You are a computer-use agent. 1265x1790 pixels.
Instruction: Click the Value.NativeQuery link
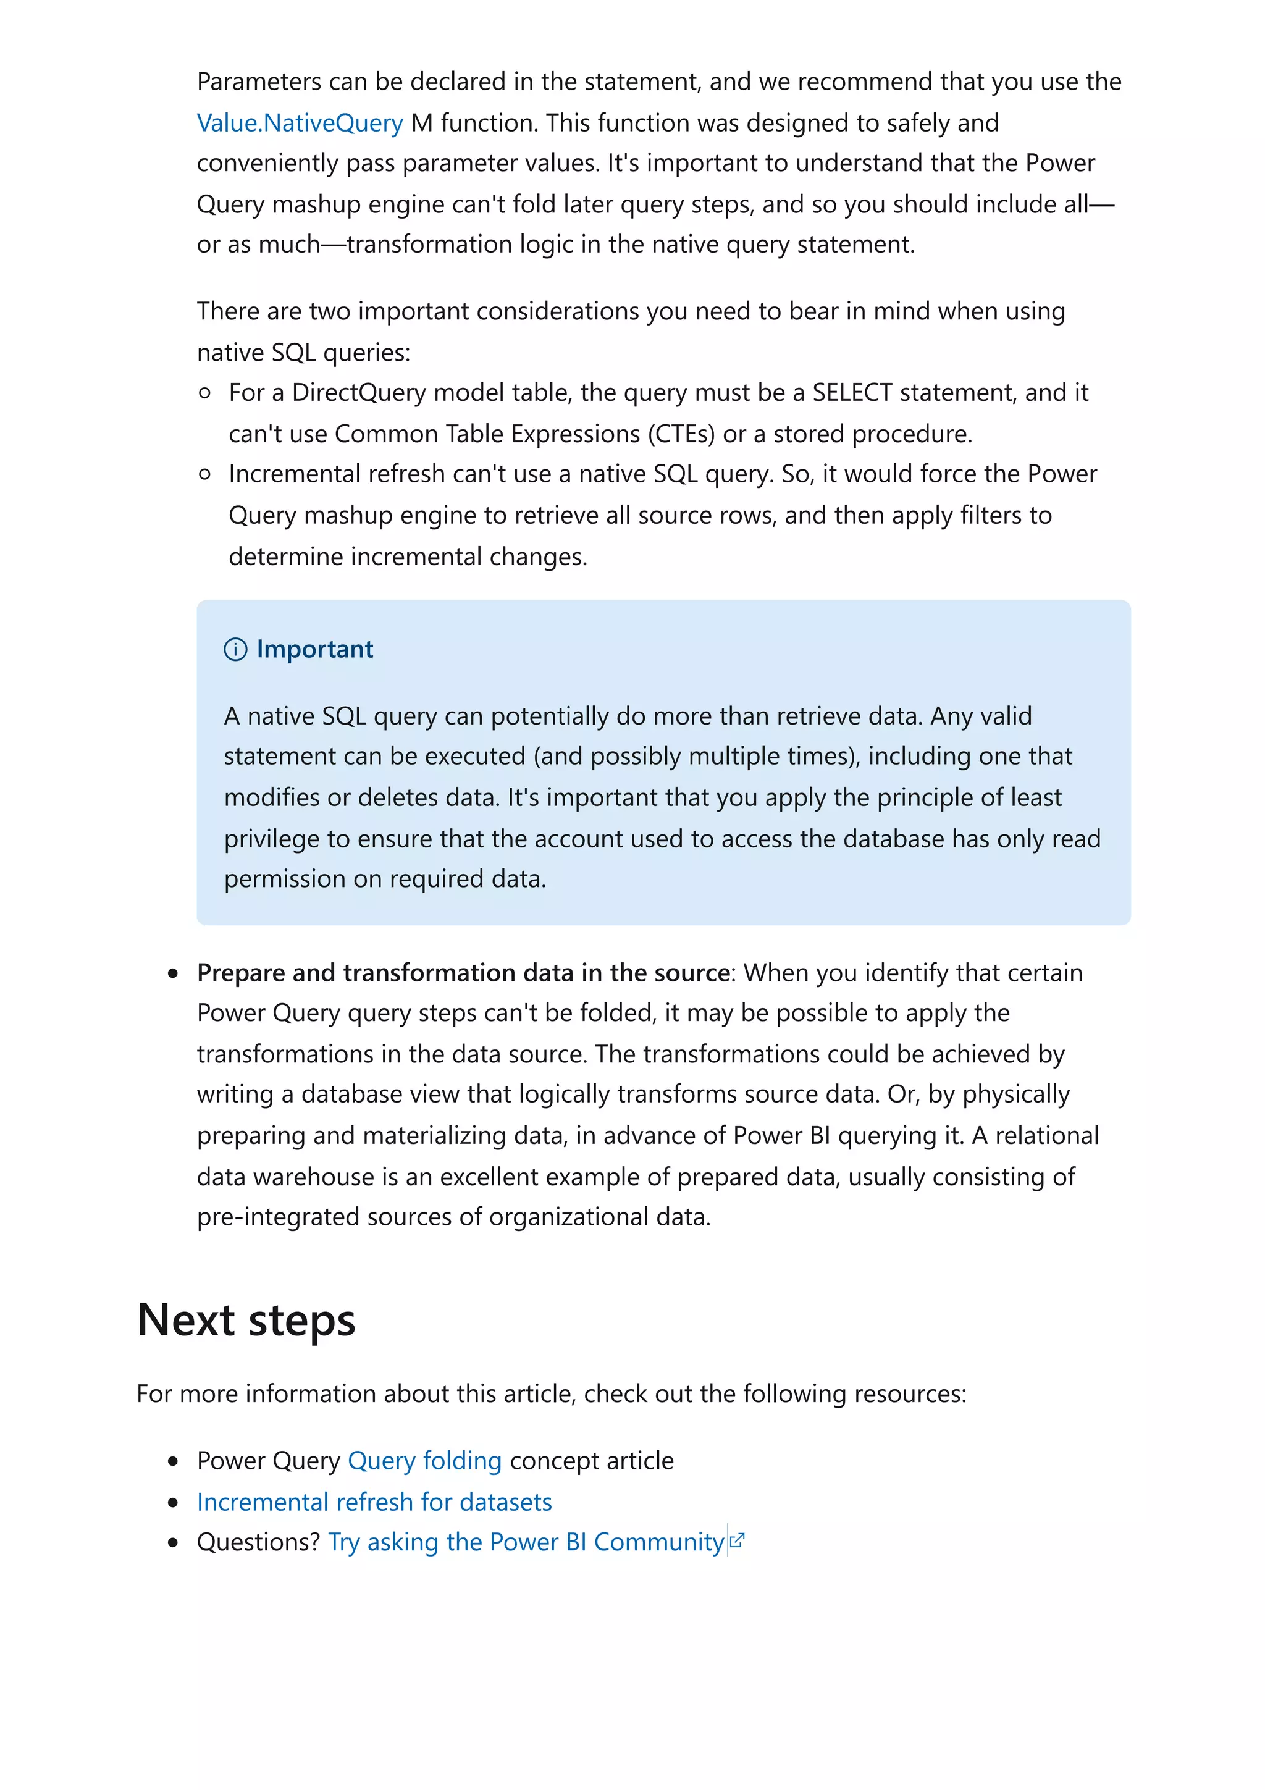coord(300,123)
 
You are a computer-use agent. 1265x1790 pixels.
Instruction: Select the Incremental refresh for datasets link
coord(374,1502)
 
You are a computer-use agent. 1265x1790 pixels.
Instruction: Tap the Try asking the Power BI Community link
coord(526,1542)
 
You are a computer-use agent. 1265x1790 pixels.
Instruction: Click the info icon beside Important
coord(235,649)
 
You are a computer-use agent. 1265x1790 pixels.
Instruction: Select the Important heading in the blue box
coord(314,649)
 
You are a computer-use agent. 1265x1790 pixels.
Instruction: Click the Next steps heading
coord(246,1321)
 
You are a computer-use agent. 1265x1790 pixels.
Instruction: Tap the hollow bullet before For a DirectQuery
coord(205,393)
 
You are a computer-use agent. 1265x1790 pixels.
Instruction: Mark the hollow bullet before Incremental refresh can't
coord(205,474)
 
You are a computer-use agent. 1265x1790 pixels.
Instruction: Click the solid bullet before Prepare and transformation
coord(173,973)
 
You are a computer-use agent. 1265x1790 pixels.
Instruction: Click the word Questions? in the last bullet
coord(258,1542)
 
